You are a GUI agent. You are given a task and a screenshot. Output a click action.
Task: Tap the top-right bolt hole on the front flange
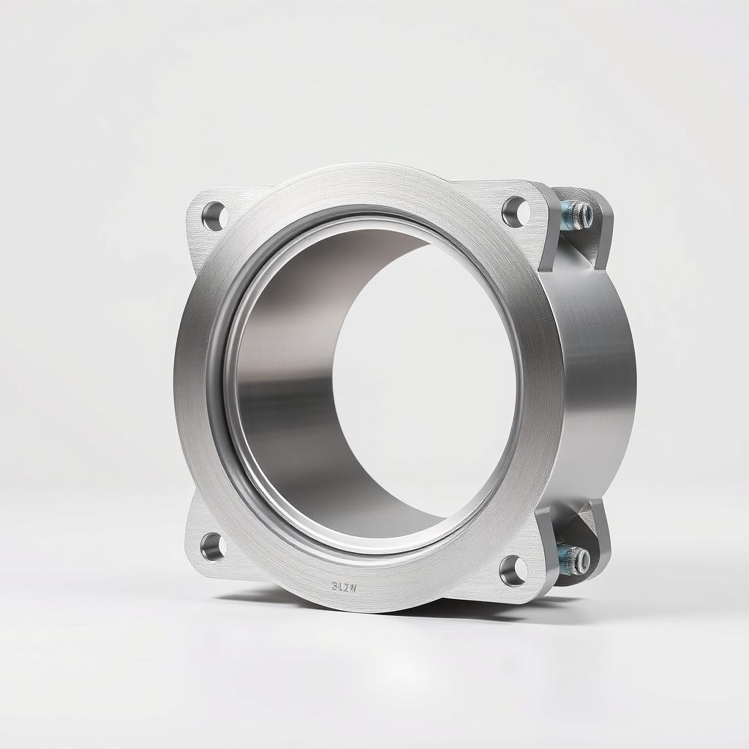pyautogui.click(x=515, y=211)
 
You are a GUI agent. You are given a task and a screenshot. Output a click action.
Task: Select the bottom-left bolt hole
pyautogui.click(x=213, y=546)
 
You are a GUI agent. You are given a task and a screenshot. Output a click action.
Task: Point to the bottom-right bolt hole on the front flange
pyautogui.click(x=513, y=570)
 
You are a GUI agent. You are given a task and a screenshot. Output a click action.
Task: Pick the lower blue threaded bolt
pyautogui.click(x=575, y=560)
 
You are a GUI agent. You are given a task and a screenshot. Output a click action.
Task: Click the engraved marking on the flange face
pyautogui.click(x=343, y=586)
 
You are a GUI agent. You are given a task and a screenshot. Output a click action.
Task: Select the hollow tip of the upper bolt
pyautogui.click(x=584, y=214)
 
